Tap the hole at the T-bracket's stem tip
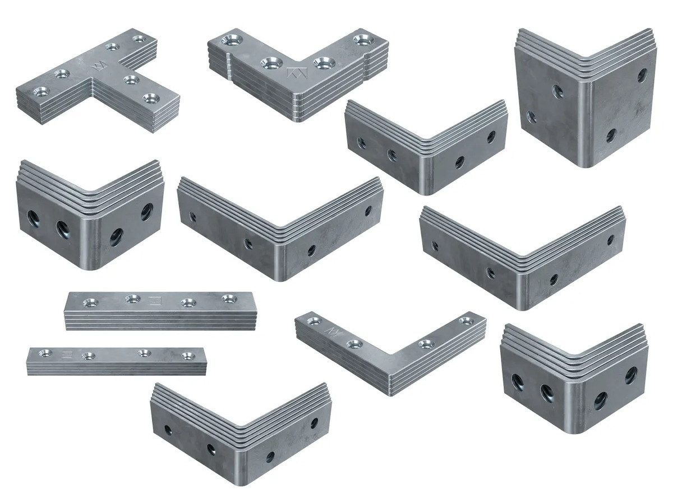[x=149, y=98]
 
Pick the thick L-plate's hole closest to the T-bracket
[x=229, y=40]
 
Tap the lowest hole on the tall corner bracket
[x=611, y=135]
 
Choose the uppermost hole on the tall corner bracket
[x=642, y=75]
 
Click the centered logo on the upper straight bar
[x=157, y=301]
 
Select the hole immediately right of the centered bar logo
[x=187, y=302]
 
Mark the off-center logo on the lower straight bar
[x=67, y=354]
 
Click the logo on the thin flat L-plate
[x=334, y=332]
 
